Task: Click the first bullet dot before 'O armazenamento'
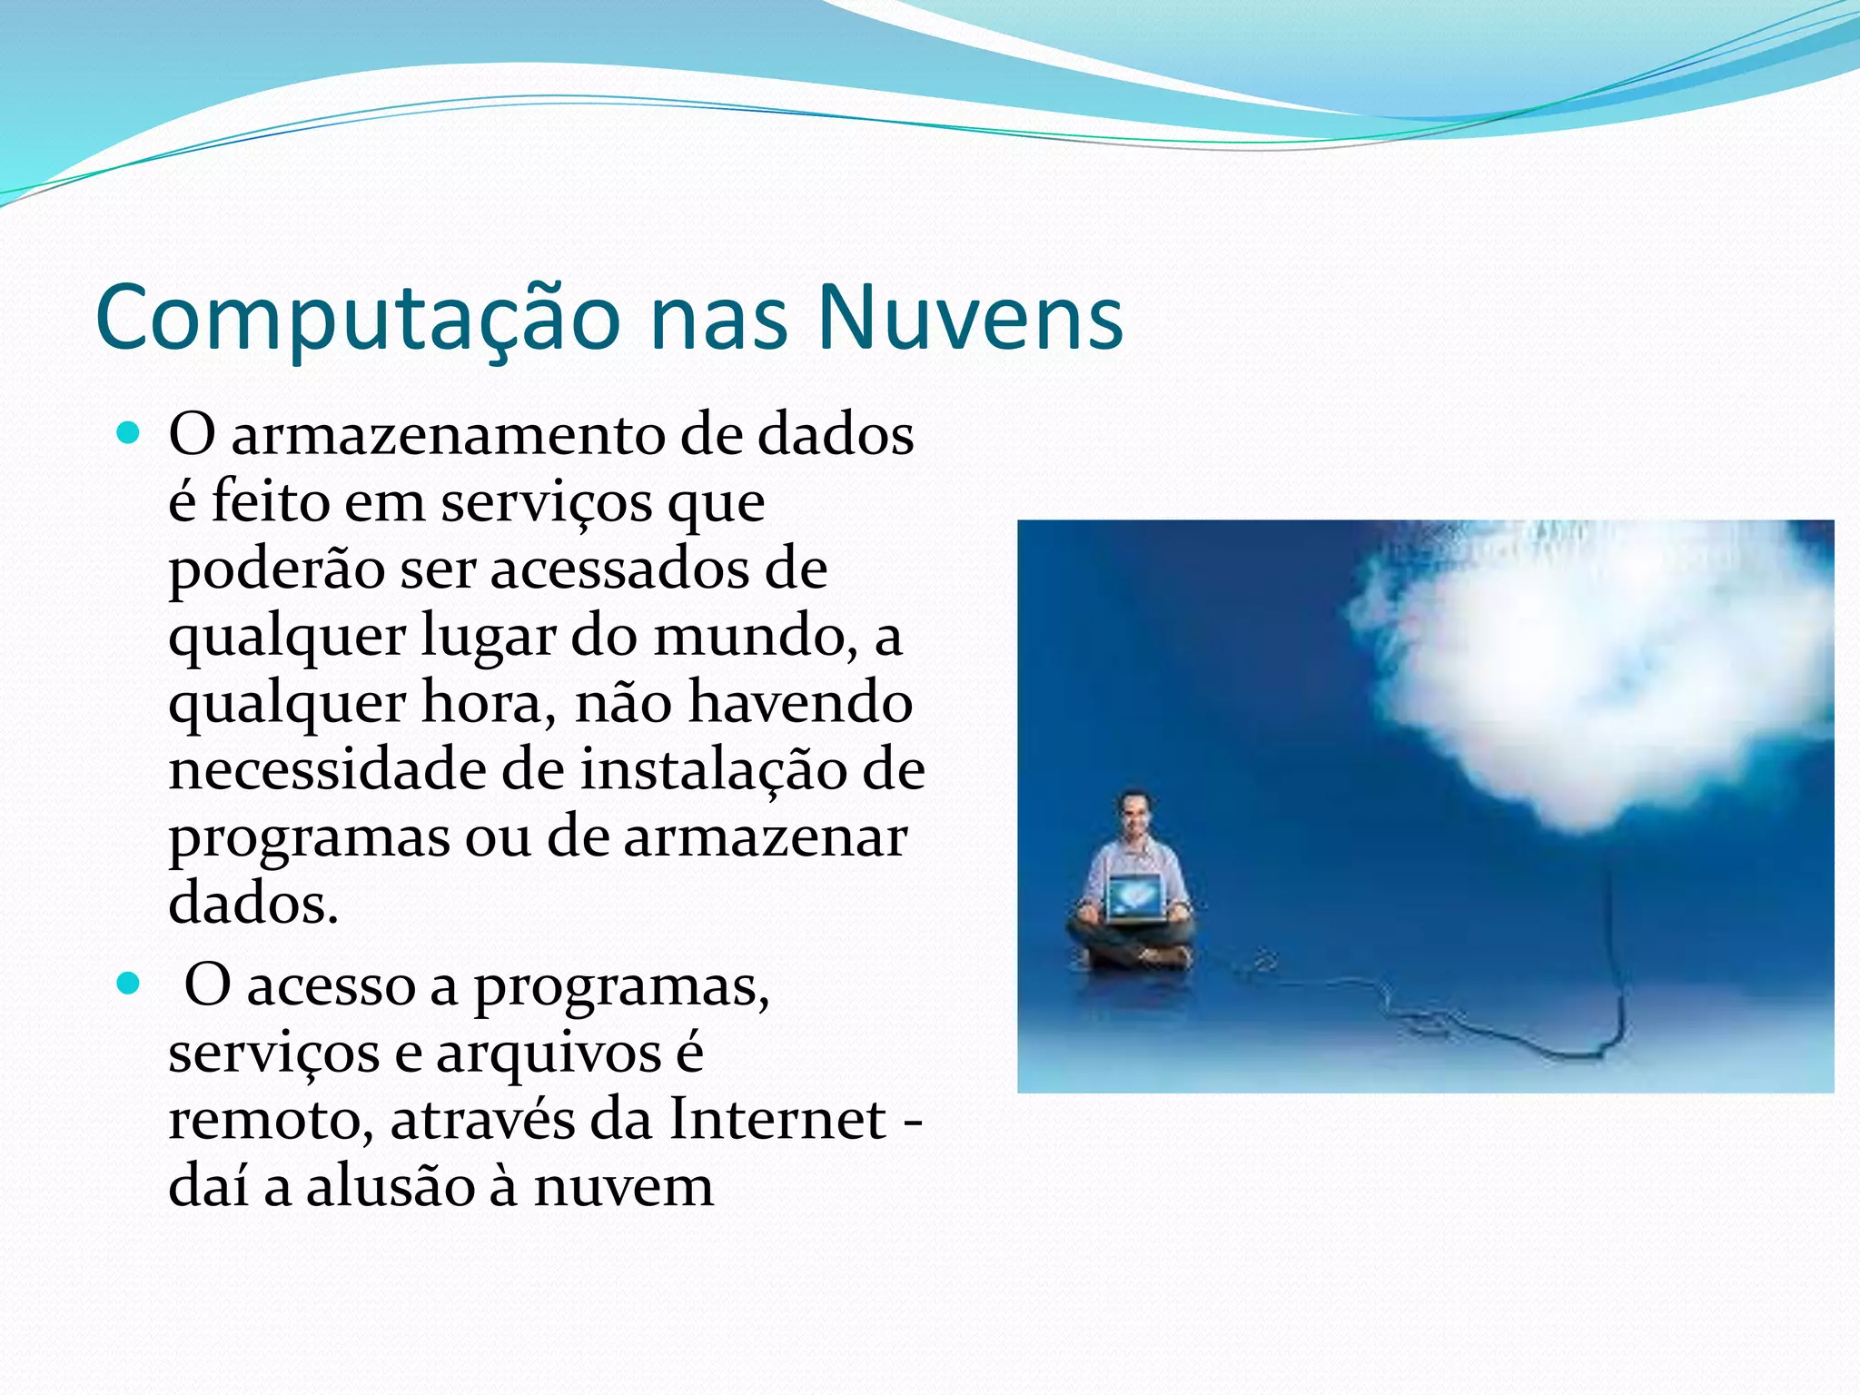pyautogui.click(x=129, y=433)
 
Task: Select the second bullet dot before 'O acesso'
pyautogui.click(x=129, y=984)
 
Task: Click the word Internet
pyautogui.click(x=777, y=1119)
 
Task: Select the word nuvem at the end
pyautogui.click(x=623, y=1186)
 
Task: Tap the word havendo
pyautogui.click(x=799, y=703)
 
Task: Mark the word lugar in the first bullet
pyautogui.click(x=488, y=638)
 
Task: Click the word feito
pyautogui.click(x=270, y=501)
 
